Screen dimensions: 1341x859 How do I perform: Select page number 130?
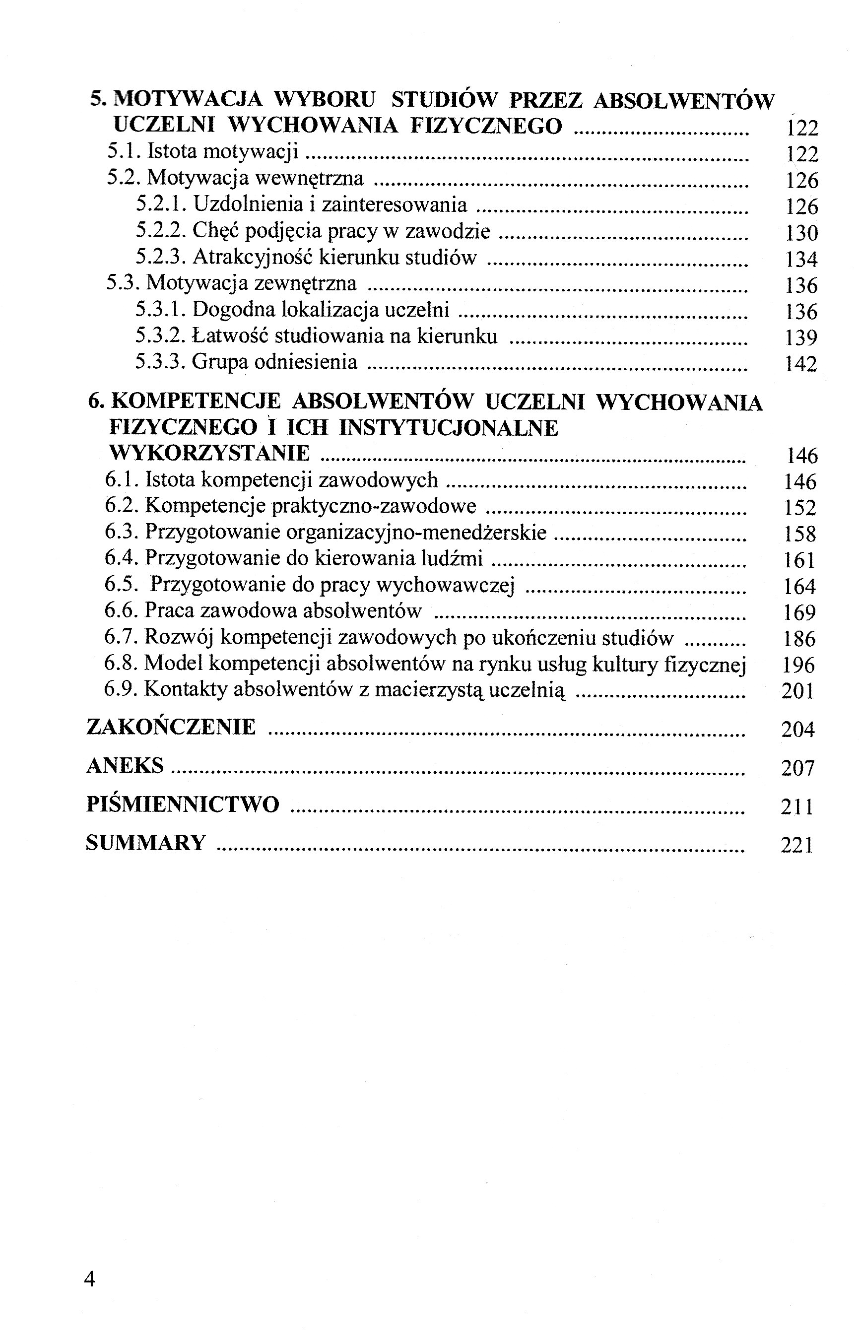click(x=801, y=233)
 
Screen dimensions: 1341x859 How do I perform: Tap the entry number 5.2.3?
click(x=161, y=257)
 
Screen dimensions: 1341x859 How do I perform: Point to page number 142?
click(x=800, y=364)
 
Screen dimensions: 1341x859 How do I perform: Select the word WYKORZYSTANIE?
click(x=210, y=453)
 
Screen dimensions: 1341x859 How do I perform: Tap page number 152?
click(x=799, y=508)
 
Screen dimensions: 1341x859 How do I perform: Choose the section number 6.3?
click(x=121, y=532)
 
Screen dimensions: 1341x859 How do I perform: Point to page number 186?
click(x=799, y=639)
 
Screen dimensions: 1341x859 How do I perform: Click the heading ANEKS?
click(x=125, y=765)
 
